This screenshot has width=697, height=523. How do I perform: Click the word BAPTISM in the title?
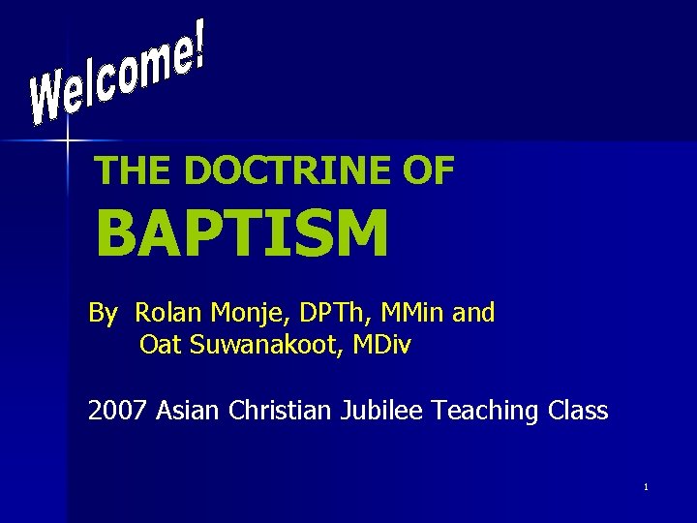point(242,234)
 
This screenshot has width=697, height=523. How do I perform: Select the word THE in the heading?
point(133,171)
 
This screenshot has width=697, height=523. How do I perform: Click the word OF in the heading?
point(427,171)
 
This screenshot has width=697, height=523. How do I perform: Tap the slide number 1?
point(645,486)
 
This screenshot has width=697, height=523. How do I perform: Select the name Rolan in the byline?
point(165,313)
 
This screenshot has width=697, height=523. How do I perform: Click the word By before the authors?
point(103,314)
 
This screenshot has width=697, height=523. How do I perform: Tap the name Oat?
point(160,344)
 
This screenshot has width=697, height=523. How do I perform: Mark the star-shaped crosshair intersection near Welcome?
point(67,142)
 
